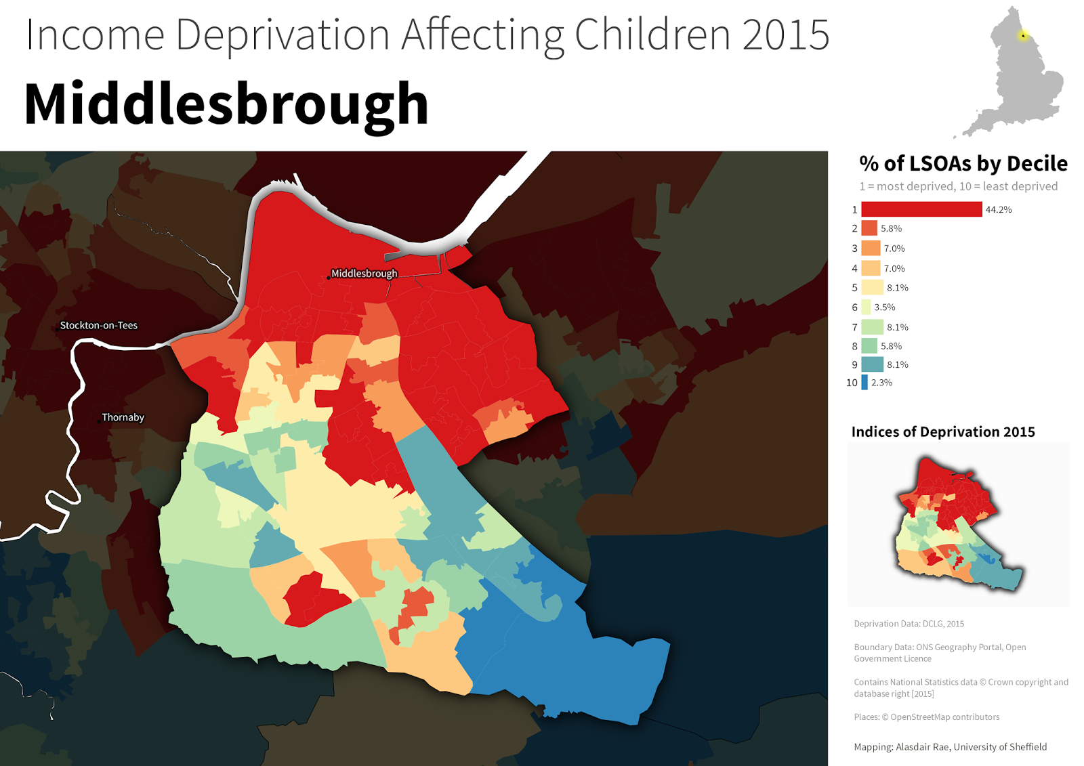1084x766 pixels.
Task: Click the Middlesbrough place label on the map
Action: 364,274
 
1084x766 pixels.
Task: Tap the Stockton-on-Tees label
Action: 98,326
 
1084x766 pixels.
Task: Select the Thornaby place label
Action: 123,417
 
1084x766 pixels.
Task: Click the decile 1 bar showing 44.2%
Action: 921,209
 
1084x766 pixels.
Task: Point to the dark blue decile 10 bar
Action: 864,383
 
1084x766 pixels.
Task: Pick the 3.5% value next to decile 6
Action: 884,307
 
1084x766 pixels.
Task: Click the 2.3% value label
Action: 881,383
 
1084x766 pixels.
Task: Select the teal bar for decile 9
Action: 872,364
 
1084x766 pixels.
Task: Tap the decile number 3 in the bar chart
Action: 854,249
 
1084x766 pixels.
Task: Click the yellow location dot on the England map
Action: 1023,35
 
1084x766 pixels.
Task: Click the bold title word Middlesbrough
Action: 226,105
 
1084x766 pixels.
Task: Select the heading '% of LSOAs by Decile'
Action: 963,164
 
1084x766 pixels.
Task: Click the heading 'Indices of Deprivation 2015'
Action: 942,432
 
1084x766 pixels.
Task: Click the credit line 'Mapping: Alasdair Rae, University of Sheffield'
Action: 950,747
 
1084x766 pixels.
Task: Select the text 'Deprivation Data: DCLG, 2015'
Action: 909,624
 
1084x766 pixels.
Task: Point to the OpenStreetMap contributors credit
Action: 926,717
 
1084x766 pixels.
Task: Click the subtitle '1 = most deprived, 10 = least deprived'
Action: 958,186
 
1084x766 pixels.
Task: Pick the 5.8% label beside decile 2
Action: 891,229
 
